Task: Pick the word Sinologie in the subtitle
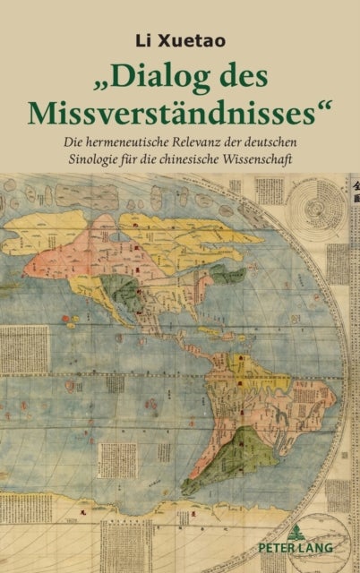[104, 162]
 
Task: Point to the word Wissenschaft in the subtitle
[280, 162]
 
